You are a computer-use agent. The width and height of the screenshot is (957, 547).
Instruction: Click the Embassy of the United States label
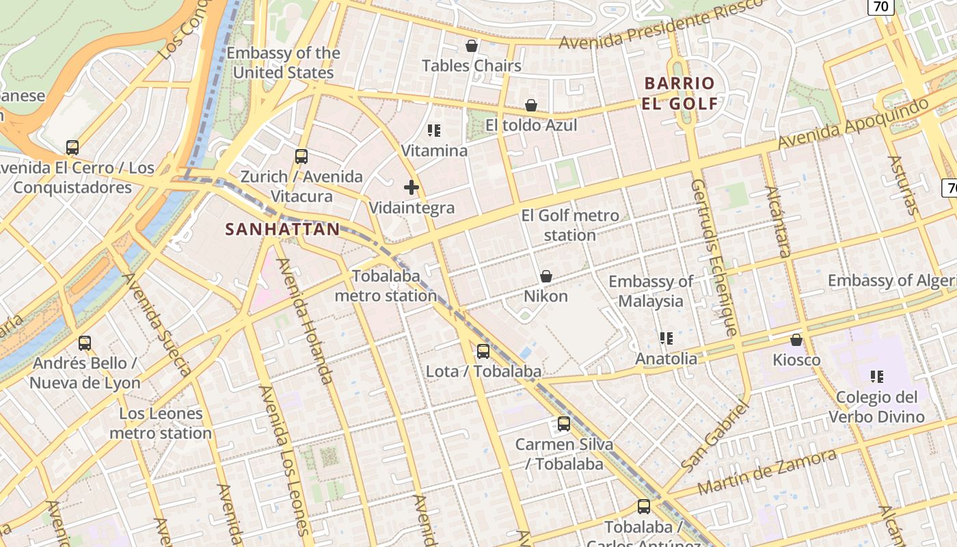(283, 63)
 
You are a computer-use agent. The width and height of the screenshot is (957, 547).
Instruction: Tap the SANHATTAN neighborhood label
(282, 230)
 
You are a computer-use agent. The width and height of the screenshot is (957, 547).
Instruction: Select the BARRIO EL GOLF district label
(679, 94)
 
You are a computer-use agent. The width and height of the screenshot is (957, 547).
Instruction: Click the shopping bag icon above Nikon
(546, 276)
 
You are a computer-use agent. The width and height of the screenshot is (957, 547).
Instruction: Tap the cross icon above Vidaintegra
(412, 187)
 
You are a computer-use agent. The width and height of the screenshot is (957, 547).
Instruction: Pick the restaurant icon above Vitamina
(434, 130)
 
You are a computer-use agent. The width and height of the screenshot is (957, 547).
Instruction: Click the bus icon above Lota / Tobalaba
(483, 351)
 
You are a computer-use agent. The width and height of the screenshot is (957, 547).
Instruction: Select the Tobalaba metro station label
(386, 286)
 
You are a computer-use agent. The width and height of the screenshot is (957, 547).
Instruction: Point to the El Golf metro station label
(570, 225)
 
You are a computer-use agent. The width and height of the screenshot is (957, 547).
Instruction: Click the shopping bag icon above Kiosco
(796, 340)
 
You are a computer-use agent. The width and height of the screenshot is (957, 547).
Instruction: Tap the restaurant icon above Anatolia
(666, 338)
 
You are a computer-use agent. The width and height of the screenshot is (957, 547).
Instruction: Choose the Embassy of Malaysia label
(651, 291)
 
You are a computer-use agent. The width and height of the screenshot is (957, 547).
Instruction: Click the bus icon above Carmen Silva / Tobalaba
(564, 424)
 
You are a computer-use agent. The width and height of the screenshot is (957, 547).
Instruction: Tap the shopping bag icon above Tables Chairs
(471, 46)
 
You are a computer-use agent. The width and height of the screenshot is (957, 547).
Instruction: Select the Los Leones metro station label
(161, 423)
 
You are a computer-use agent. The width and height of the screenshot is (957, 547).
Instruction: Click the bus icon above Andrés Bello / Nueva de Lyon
(85, 343)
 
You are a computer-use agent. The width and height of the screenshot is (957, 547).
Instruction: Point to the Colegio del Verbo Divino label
(876, 407)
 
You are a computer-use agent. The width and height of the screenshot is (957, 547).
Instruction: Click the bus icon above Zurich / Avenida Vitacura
(301, 157)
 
